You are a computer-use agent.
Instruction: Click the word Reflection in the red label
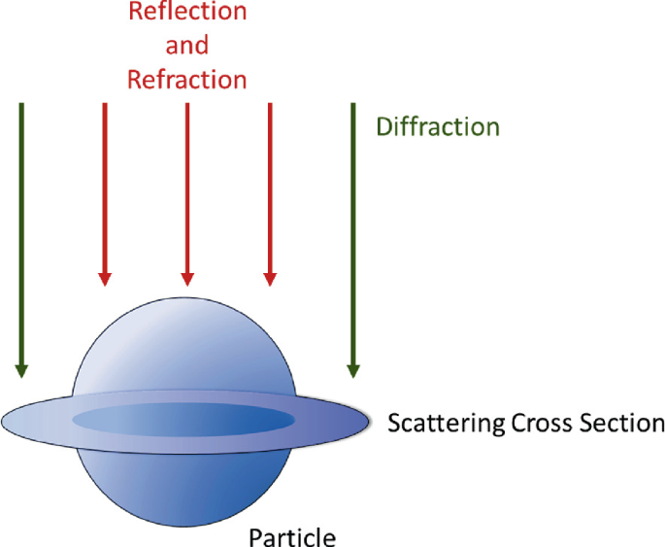coord(187,13)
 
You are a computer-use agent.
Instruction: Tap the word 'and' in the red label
coord(187,45)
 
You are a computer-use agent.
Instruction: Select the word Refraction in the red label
coord(187,79)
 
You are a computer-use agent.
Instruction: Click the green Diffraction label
coord(438,127)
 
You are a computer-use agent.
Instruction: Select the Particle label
coord(292,536)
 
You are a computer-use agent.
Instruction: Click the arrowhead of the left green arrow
coord(21,370)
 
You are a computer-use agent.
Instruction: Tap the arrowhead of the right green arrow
coord(353,370)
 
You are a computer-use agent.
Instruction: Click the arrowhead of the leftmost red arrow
coord(105,279)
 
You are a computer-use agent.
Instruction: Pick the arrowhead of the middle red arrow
coord(187,279)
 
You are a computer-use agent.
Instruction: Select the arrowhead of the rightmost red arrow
coord(270,279)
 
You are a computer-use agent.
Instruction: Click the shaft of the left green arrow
coord(21,233)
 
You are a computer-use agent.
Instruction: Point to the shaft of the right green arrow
coord(353,233)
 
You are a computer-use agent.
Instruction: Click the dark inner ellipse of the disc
coord(183,420)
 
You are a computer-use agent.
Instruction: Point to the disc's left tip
coord(8,421)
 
